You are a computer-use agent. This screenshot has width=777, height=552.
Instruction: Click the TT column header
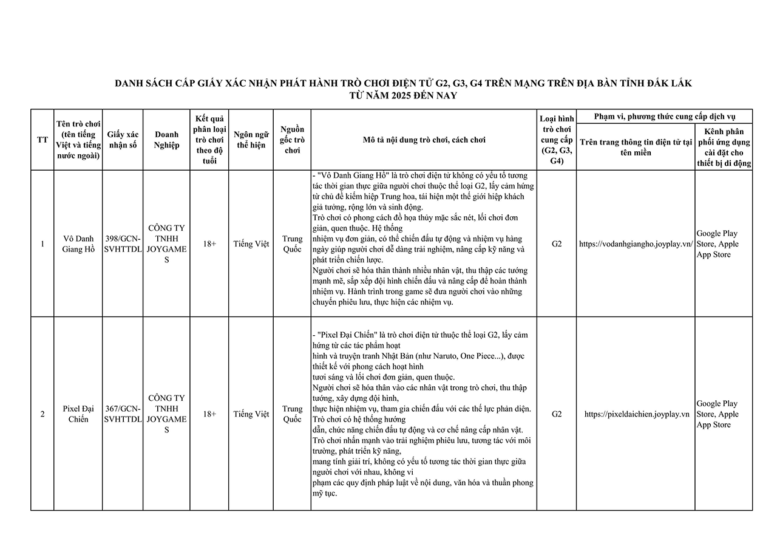(42, 140)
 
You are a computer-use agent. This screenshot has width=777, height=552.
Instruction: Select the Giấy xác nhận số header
(123, 140)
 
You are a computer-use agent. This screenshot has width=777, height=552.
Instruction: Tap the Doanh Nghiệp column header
(166, 140)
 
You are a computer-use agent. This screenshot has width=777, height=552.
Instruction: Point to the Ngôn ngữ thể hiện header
(251, 140)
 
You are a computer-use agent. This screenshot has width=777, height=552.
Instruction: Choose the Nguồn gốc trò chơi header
(292, 140)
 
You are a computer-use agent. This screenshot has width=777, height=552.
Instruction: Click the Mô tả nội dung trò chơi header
(424, 140)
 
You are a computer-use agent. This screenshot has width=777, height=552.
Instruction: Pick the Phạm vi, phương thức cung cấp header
(664, 117)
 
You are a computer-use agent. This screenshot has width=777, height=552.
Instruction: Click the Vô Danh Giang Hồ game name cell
(78, 244)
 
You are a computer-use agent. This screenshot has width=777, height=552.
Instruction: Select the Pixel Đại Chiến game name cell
(78, 414)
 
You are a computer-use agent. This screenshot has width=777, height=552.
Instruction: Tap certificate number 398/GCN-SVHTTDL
(123, 244)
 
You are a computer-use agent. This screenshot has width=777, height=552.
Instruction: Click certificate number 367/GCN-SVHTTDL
(123, 414)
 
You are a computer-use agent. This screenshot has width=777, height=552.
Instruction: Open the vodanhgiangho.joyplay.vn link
(636, 244)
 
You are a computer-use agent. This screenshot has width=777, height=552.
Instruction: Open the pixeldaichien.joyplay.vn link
(636, 414)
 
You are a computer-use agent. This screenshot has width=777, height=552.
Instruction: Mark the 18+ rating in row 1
(209, 244)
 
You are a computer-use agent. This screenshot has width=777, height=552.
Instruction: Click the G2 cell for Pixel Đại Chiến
(556, 414)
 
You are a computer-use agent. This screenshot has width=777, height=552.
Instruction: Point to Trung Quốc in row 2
(292, 414)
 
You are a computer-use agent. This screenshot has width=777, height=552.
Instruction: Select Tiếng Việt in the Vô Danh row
(251, 244)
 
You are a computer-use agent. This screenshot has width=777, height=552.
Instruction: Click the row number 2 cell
(42, 414)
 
